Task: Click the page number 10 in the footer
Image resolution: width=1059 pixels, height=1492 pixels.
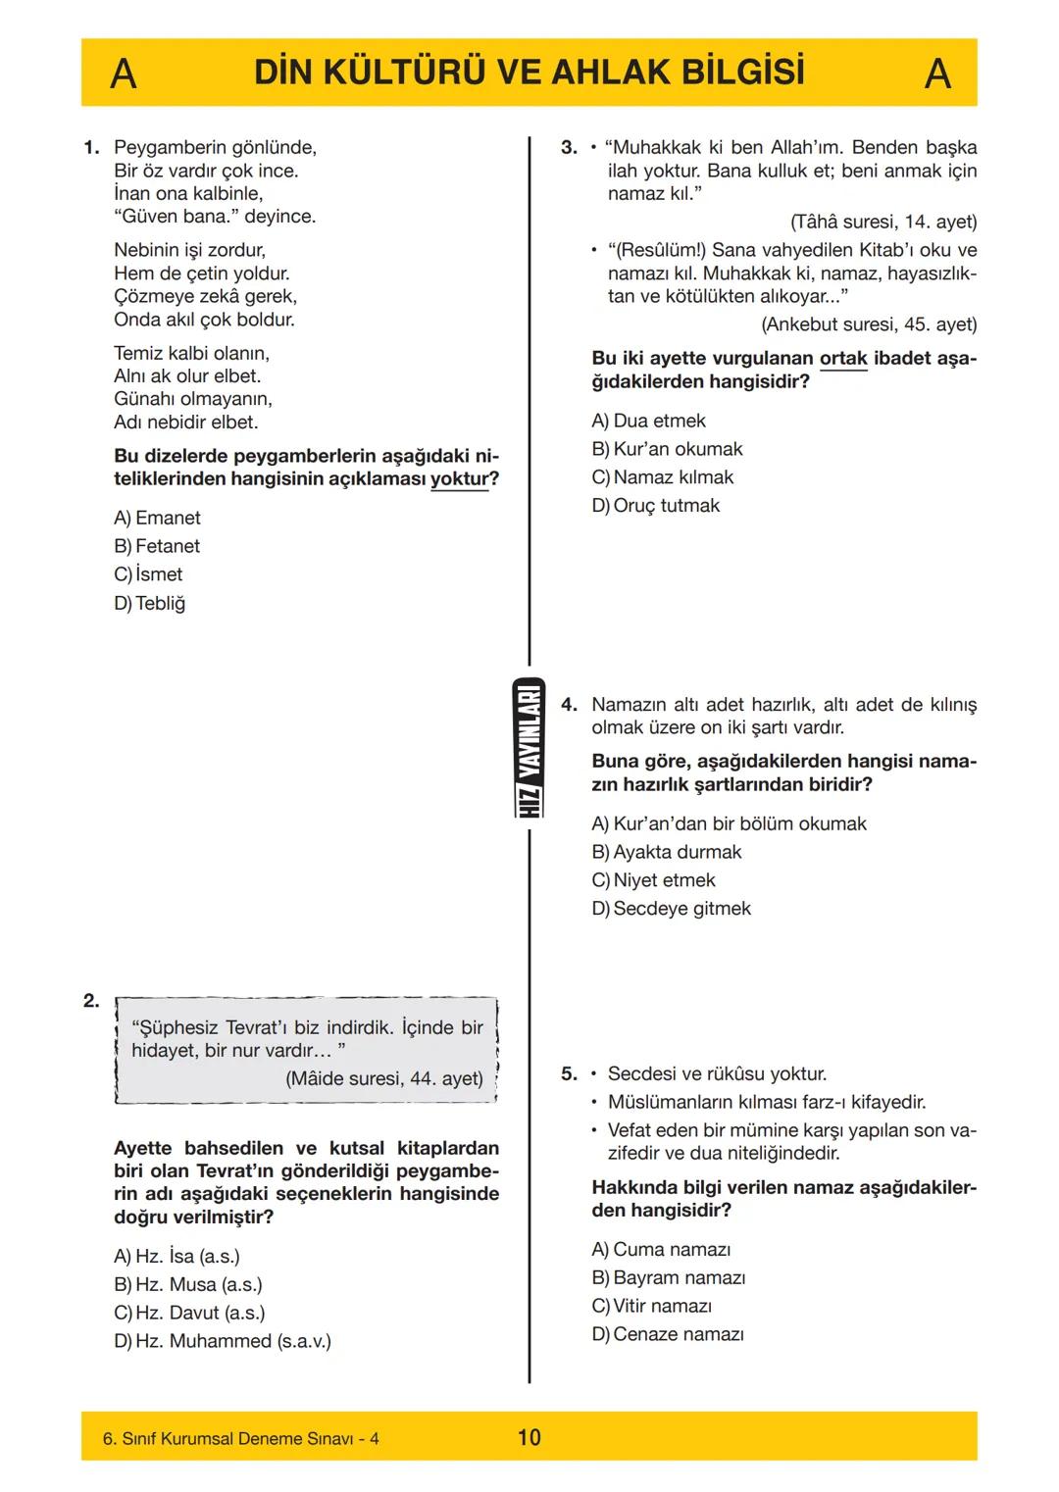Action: click(x=529, y=1437)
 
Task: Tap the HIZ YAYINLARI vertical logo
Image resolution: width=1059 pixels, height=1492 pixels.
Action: click(x=529, y=748)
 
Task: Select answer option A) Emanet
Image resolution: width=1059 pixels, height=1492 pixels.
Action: click(x=157, y=518)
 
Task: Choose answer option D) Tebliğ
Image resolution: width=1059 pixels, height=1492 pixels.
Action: click(x=149, y=603)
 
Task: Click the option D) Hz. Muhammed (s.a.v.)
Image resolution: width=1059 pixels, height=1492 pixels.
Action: click(x=222, y=1341)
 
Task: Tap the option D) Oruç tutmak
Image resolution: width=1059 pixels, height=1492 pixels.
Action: click(x=655, y=506)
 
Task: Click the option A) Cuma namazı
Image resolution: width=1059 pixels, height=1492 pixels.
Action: click(x=661, y=1249)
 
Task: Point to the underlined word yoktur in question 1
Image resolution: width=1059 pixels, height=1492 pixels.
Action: click(x=459, y=479)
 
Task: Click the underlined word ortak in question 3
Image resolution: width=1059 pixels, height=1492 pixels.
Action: click(x=843, y=359)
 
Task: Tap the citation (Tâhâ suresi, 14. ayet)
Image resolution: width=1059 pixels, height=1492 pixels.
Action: click(x=882, y=222)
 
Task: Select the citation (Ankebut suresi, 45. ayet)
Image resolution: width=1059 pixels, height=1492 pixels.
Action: click(x=869, y=324)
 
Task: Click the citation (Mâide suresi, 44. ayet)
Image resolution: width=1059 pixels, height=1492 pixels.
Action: click(x=383, y=1078)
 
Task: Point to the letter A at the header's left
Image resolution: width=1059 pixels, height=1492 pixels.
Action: click(x=123, y=74)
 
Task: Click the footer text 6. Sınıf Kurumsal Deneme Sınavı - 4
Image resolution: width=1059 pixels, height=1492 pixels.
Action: click(x=240, y=1438)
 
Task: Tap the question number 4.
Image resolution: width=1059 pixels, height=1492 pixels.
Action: click(x=569, y=705)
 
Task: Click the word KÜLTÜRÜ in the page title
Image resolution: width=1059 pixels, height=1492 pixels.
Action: click(x=423, y=73)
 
